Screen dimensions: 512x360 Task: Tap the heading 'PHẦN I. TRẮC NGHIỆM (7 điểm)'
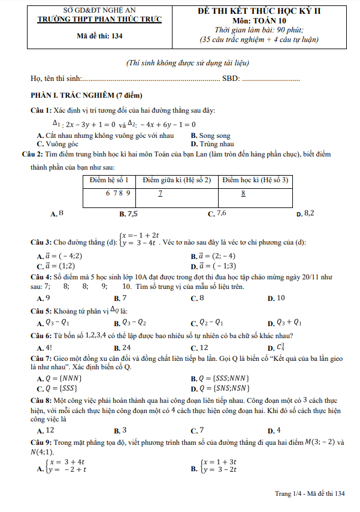86,95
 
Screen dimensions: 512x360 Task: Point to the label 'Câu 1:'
41,110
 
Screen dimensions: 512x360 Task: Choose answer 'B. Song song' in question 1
210,136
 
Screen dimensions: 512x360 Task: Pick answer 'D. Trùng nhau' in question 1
212,144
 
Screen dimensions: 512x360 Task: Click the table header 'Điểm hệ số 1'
108,180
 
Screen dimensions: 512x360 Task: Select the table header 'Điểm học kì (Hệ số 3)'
255,180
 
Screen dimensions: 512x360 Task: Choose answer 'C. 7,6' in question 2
217,213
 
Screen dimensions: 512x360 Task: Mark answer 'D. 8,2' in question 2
305,213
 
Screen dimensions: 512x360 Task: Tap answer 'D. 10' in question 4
276,298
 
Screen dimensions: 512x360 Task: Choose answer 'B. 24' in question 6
122,348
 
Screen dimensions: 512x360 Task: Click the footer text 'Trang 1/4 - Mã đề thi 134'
310,493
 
